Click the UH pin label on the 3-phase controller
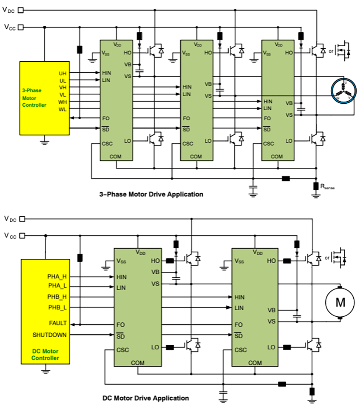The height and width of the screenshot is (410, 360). [62, 73]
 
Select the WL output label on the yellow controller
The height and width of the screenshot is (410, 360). [62, 110]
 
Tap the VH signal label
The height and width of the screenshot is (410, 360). [62, 87]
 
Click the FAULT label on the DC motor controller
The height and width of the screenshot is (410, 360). [58, 323]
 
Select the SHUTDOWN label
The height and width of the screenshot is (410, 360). [50, 335]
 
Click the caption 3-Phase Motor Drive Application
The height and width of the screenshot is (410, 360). [151, 194]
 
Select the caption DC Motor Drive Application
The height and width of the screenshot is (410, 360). [146, 398]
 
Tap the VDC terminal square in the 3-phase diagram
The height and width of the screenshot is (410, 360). [22, 10]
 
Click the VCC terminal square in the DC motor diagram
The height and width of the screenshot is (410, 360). [22, 235]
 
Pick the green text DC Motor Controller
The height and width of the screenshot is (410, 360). [45, 355]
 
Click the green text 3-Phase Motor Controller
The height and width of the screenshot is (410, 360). [34, 97]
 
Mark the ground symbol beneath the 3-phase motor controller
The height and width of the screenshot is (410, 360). [44, 141]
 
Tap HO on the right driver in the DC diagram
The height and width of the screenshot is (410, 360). [271, 261]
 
